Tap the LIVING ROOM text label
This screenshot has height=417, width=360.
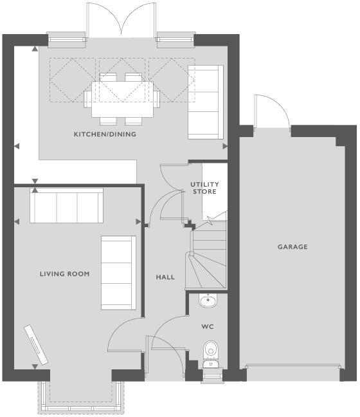pyautogui.click(x=64, y=274)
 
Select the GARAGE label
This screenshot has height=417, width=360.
pyautogui.click(x=292, y=246)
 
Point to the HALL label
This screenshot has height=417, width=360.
pyautogui.click(x=165, y=277)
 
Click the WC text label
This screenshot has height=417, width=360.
pyautogui.click(x=208, y=327)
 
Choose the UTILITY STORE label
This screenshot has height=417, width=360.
pyautogui.click(x=204, y=188)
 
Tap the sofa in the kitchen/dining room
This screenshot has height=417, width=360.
pyautogui.click(x=205, y=102)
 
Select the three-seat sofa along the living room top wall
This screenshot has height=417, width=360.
pyautogui.click(x=66, y=206)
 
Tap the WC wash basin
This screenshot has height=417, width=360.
pyautogui.click(x=208, y=301)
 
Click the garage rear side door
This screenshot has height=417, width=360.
pyautogui.click(x=273, y=115)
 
